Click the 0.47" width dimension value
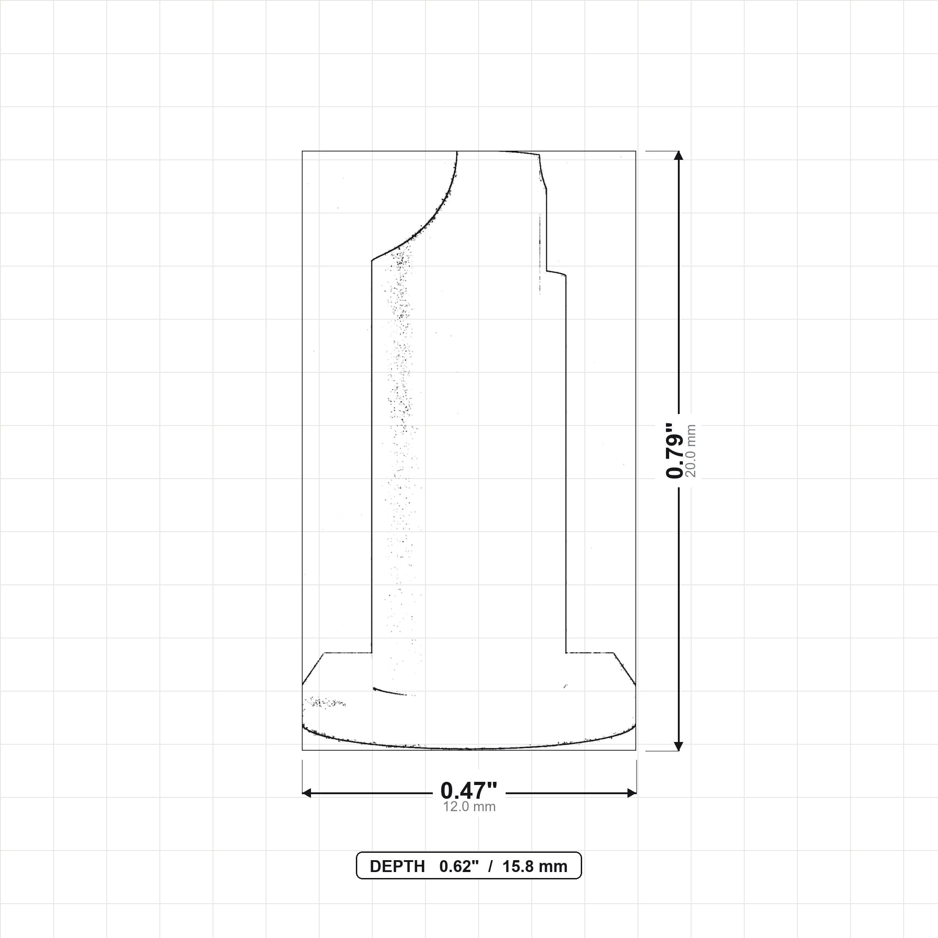pyautogui.click(x=469, y=791)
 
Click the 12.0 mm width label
pyautogui.click(x=469, y=807)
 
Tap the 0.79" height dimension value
pyautogui.click(x=674, y=450)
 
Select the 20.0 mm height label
pyautogui.click(x=691, y=451)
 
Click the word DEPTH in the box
pyautogui.click(x=397, y=867)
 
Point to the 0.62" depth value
pyautogui.click(x=459, y=867)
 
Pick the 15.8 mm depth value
pyautogui.click(x=534, y=867)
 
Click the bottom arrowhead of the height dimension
pyautogui.click(x=679, y=746)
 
